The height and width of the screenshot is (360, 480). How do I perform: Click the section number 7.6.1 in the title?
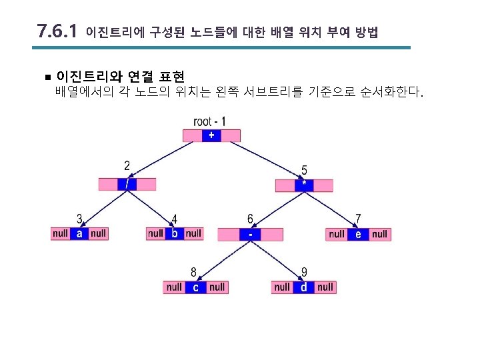click(x=58, y=31)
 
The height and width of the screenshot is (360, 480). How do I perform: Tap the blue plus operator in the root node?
click(x=211, y=135)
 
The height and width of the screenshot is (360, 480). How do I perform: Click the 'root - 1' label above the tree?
click(x=209, y=121)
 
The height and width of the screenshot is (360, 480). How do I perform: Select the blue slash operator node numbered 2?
click(x=127, y=184)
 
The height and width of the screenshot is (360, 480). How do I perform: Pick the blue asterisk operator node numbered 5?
click(x=304, y=185)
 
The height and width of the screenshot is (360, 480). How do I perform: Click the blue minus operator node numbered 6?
click(x=250, y=234)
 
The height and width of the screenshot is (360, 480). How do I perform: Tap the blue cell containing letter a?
click(x=79, y=233)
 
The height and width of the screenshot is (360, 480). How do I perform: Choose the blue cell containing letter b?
click(x=174, y=233)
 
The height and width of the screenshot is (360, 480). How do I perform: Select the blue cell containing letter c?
click(x=195, y=287)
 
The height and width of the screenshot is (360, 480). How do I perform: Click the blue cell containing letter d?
click(x=304, y=287)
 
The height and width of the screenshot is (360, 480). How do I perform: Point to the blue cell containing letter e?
click(x=358, y=234)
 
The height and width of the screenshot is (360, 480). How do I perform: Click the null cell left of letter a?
click(x=61, y=233)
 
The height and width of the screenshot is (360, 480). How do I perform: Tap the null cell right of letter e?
click(x=379, y=234)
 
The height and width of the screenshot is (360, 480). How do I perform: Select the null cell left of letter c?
click(x=174, y=287)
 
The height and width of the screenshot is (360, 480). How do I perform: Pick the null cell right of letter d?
click(x=325, y=287)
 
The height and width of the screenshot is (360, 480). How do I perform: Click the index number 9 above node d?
click(x=304, y=272)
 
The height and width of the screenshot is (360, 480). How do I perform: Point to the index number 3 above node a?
click(x=79, y=218)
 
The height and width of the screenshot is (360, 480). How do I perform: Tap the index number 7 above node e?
click(x=359, y=218)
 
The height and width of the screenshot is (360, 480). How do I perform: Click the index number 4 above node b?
click(x=174, y=218)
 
